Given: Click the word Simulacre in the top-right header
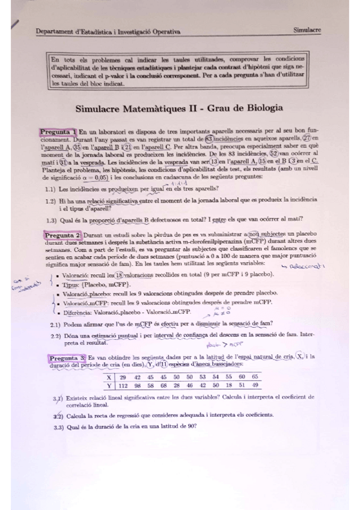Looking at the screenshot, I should (307, 29).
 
